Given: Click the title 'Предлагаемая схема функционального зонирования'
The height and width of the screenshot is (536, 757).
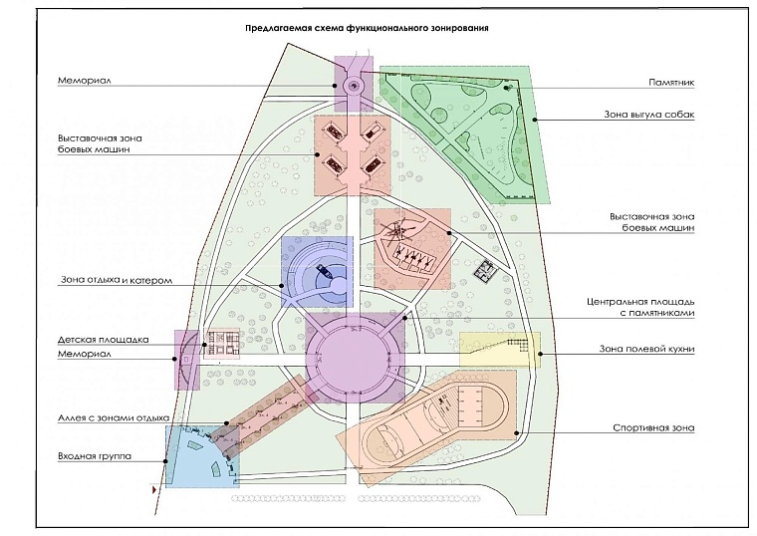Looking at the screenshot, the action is click(367, 28).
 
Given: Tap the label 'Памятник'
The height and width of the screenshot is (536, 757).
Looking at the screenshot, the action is click(671, 83).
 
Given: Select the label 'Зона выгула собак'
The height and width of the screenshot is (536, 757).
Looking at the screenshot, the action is click(649, 115).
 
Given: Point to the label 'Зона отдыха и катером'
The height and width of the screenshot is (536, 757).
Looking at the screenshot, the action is click(117, 280).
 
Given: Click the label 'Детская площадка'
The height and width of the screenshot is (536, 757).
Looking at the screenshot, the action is click(104, 340).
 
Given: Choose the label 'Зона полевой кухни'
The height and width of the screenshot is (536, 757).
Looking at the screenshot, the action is click(646, 349).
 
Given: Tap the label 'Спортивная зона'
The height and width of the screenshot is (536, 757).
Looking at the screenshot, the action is click(653, 427).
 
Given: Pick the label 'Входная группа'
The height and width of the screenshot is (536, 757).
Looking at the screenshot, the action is click(95, 456).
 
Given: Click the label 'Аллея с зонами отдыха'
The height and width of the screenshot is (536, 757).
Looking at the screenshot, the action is click(114, 418).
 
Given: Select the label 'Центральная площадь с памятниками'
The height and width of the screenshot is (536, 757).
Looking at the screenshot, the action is click(640, 307).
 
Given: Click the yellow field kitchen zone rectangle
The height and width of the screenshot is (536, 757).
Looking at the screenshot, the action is click(500, 350).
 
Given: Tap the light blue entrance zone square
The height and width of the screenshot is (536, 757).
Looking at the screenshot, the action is click(202, 457).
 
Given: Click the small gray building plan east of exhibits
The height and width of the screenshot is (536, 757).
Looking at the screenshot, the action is click(485, 271).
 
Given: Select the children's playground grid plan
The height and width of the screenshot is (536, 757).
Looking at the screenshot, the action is click(222, 344).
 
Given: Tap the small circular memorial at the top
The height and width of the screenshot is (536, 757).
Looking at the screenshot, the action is click(354, 86).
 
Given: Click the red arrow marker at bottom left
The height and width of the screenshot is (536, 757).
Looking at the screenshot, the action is click(154, 490).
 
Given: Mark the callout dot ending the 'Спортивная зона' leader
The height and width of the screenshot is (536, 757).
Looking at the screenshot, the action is click(517, 433).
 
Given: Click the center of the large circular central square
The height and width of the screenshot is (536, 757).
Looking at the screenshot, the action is click(354, 358).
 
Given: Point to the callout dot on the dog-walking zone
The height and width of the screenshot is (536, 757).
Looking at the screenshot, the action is click(535, 120).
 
